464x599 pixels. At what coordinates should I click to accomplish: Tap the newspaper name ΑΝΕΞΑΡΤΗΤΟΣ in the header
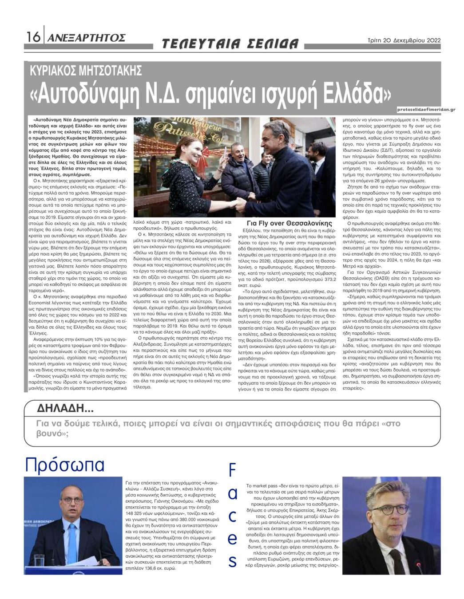click(x=87, y=38)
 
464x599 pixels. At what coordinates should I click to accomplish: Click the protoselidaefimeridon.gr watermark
click(x=426, y=109)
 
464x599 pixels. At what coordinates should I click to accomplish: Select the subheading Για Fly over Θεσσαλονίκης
click(x=289, y=223)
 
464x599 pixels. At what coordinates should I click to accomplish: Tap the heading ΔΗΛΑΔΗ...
click(x=65, y=408)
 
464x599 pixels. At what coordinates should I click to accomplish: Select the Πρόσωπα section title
click(x=65, y=465)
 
